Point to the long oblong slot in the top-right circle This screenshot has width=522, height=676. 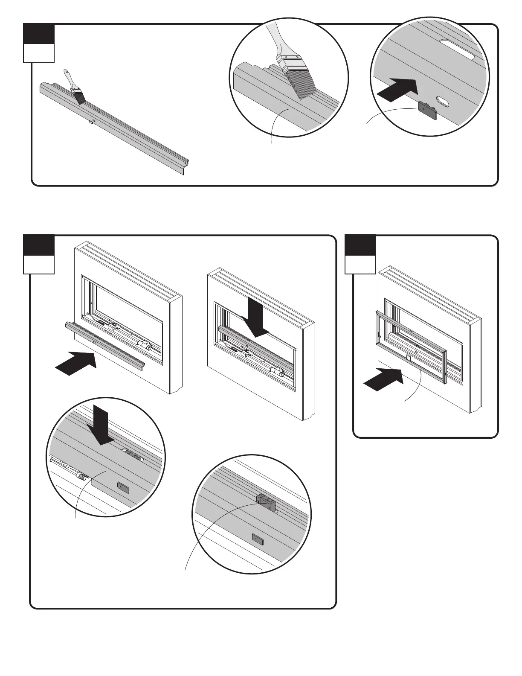click(457, 50)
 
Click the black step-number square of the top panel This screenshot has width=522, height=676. click(39, 34)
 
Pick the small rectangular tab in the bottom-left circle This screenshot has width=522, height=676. click(123, 487)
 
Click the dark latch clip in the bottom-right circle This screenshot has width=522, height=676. click(265, 502)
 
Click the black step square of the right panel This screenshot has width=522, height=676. click(360, 245)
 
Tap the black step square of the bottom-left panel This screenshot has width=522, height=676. click(39, 245)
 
